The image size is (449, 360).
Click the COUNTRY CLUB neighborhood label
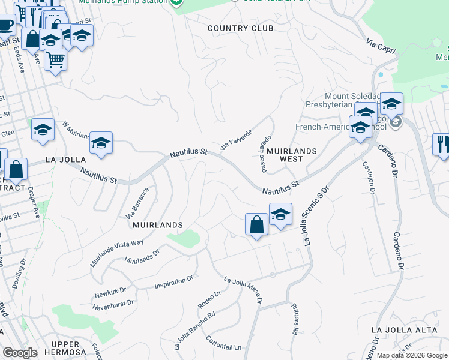[240, 28]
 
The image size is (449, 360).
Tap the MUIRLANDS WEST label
[291, 155]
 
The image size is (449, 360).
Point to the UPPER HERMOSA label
[70, 348]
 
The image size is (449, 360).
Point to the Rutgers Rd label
[295, 319]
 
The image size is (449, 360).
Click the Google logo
[19, 353]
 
